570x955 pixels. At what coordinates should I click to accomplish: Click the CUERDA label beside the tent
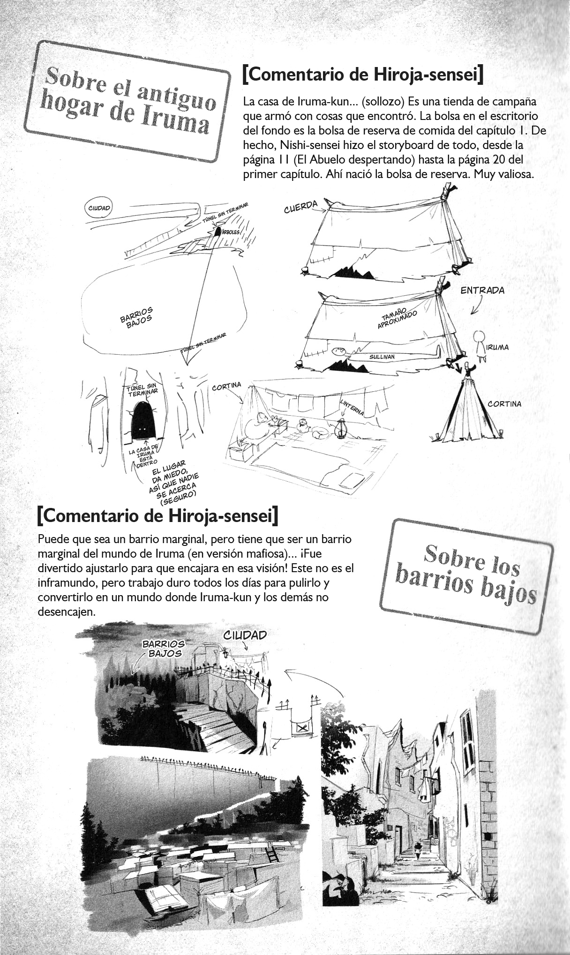pyautogui.click(x=300, y=207)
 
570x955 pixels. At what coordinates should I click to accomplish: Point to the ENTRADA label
pyautogui.click(x=482, y=291)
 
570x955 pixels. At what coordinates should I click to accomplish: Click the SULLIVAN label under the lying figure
pyautogui.click(x=382, y=357)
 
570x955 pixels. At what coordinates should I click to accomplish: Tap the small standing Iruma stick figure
pyautogui.click(x=479, y=343)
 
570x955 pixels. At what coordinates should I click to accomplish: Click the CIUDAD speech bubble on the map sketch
pyautogui.click(x=98, y=208)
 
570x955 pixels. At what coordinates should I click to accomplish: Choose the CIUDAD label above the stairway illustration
pyautogui.click(x=245, y=635)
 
